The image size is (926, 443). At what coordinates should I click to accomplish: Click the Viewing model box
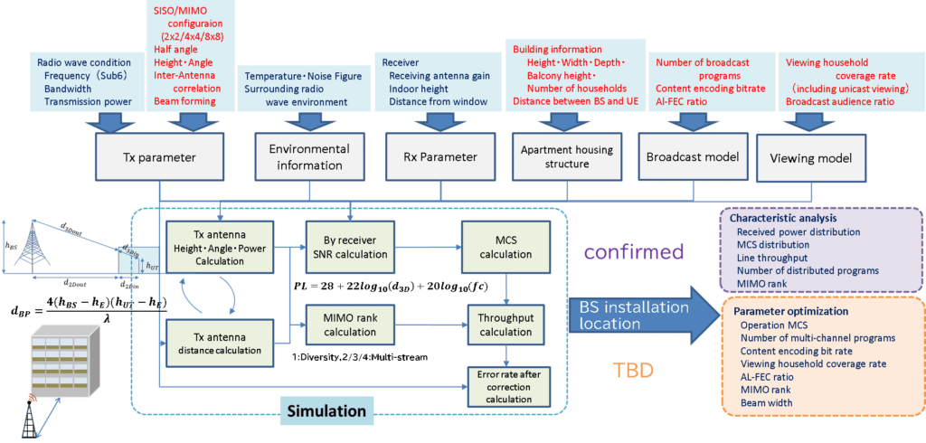pyautogui.click(x=810, y=156)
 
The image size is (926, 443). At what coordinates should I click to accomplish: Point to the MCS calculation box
pyautogui.click(x=501, y=247)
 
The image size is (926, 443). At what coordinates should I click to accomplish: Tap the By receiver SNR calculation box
pyautogui.click(x=348, y=247)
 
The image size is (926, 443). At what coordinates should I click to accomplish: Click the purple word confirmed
pyautogui.click(x=633, y=250)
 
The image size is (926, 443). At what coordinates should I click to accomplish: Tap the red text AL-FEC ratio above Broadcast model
pyautogui.click(x=690, y=103)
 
